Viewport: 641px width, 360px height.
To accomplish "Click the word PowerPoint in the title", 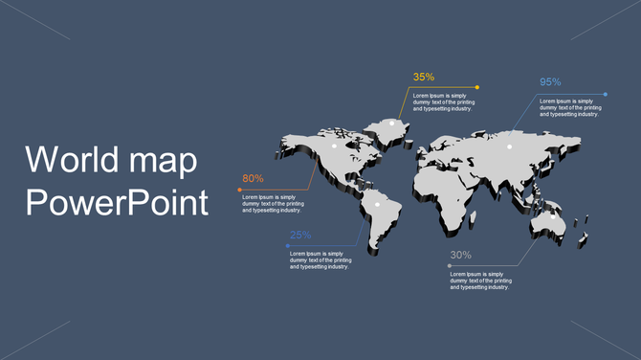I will (x=116, y=203).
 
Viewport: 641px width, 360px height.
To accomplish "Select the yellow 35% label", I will (x=424, y=77).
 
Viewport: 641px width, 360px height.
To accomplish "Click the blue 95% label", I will (x=550, y=82).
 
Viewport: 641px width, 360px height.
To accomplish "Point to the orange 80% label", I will (x=253, y=179).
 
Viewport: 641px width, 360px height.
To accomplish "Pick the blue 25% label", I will (x=300, y=236).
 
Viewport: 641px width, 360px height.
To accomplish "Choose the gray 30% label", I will (x=460, y=256).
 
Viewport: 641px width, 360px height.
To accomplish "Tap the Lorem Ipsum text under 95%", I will (x=570, y=107).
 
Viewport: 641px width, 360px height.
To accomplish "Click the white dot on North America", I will (x=334, y=146).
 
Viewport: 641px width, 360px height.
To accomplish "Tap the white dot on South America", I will (x=377, y=204).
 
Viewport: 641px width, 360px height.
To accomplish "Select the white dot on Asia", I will (x=509, y=146).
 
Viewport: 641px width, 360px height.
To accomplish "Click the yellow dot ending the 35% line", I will (x=477, y=87).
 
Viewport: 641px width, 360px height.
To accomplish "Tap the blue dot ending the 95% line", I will (x=606, y=94).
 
